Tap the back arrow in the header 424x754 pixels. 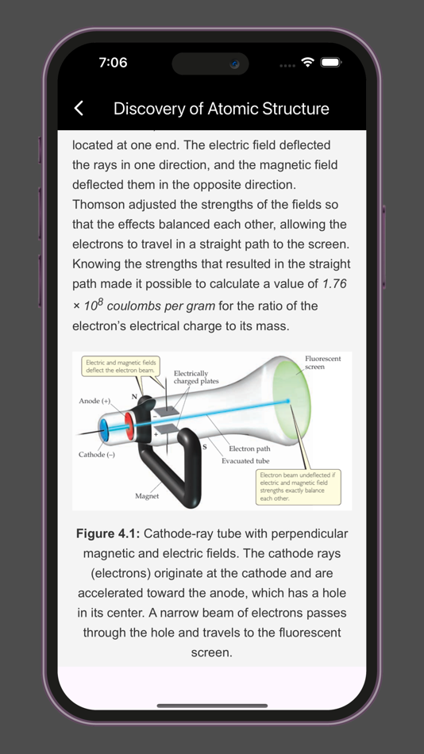(x=79, y=109)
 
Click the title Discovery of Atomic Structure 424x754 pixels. (x=221, y=109)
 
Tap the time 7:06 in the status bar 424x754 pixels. (x=113, y=63)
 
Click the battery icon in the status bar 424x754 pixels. (x=331, y=63)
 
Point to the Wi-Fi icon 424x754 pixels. (x=308, y=63)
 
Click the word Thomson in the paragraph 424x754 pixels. (x=98, y=204)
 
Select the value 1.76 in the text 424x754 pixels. (x=334, y=283)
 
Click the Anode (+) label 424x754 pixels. (x=94, y=401)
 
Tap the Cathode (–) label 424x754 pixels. (x=96, y=455)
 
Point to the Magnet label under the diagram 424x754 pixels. (x=147, y=496)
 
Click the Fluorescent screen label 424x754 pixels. (x=322, y=363)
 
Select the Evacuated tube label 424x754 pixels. (x=245, y=460)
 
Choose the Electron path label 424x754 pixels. (x=249, y=448)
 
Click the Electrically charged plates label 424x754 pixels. (x=196, y=377)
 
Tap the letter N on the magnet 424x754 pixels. (x=134, y=396)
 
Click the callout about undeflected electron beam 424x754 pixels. (x=298, y=487)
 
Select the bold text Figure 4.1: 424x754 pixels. (x=108, y=533)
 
